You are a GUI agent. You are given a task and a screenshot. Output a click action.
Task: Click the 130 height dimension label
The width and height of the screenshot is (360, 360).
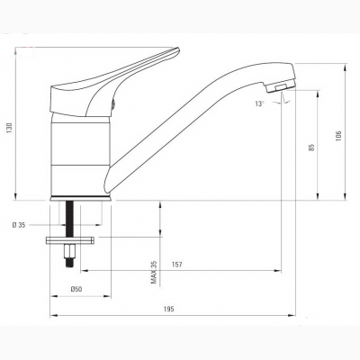9,128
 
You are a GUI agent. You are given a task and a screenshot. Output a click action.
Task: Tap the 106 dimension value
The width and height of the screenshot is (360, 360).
339,136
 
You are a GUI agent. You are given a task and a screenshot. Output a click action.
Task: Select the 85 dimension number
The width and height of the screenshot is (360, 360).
312,148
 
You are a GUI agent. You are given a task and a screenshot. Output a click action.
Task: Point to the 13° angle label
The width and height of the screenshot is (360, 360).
260,103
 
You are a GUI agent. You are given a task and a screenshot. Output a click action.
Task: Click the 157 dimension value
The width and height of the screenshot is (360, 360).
177,265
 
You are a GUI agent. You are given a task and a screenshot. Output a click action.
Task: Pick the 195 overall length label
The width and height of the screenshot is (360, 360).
169,310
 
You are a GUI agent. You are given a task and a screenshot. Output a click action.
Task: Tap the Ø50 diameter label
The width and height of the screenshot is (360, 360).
76,289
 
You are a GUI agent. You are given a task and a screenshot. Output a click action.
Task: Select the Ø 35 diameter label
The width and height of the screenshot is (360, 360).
19,225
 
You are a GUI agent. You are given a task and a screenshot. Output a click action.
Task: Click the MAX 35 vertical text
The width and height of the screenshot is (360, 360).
154,273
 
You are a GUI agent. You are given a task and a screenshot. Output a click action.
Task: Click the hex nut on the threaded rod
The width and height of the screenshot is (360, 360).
69,249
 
